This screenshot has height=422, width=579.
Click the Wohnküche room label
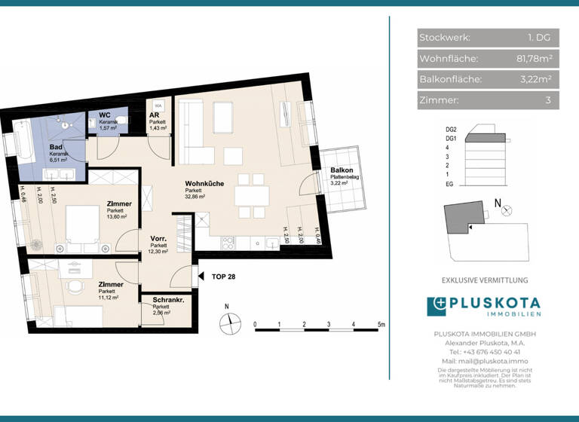206,184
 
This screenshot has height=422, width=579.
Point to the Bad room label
57,147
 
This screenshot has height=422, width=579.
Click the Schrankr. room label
169,299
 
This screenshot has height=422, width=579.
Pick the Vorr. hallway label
159,238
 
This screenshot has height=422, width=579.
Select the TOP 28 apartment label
224,277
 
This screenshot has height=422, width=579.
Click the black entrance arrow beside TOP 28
200,277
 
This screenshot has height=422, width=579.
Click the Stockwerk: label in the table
445,38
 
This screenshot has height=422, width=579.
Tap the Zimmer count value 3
548,99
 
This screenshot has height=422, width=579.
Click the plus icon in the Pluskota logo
437,305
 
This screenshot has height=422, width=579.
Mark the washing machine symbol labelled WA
159,106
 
